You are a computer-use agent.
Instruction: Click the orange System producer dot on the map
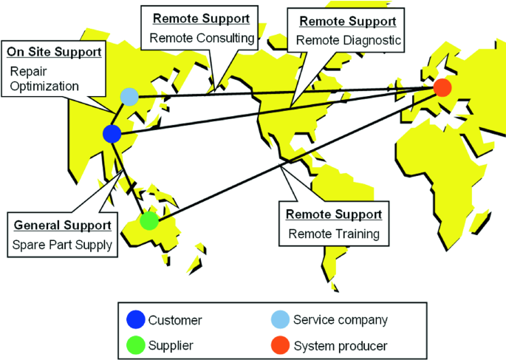pos(442,88)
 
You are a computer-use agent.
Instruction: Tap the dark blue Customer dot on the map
pos(112,134)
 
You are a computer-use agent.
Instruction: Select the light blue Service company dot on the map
pos(129,96)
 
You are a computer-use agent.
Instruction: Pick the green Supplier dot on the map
pos(149,220)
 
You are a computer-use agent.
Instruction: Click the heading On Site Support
pos(54,52)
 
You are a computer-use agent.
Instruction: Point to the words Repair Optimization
pos(44,78)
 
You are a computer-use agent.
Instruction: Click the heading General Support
pos(62,224)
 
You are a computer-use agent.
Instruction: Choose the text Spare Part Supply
pos(63,244)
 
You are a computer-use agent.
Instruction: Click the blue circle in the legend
pos(137,319)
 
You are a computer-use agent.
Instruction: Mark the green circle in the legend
pos(137,344)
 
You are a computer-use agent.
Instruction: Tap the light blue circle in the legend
pos(281,319)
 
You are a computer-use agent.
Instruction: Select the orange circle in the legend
pos(281,344)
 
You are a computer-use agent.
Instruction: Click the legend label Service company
pos(340,320)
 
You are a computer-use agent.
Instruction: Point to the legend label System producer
pos(340,345)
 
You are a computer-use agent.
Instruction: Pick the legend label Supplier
pos(171,345)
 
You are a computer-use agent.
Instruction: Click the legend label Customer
pos(175,320)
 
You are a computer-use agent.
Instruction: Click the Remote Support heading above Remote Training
pos(334,215)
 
